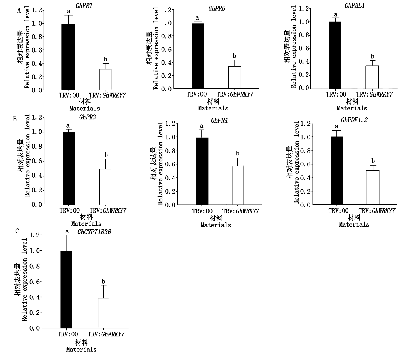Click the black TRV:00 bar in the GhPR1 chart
[68, 57]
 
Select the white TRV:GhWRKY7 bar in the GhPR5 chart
[234, 77]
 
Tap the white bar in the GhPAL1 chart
[372, 77]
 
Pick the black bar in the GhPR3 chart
[69, 169]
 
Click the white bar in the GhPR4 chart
[238, 185]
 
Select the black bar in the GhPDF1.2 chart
[337, 171]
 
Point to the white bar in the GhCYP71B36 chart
[103, 313]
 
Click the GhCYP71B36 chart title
[94, 232]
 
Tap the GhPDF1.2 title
[354, 120]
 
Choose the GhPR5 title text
[217, 9]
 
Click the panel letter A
[19, 11]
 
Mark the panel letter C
[17, 231]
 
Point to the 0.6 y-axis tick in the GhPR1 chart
[37, 50]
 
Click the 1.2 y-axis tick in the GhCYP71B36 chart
[34, 235]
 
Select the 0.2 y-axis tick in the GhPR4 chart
[170, 191]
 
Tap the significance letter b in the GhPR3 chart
[106, 155]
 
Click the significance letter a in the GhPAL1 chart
[336, 15]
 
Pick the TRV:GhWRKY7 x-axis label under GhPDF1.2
[377, 211]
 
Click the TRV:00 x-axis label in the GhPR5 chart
[197, 94]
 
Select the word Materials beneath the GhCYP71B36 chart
[81, 350]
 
